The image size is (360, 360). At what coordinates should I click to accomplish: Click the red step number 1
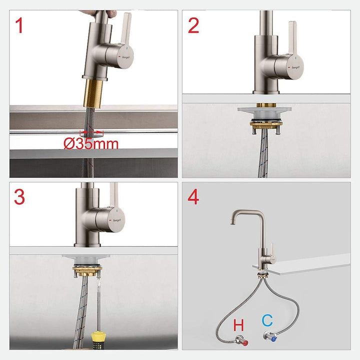coord(19,26)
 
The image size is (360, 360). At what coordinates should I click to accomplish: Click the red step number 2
coord(193,26)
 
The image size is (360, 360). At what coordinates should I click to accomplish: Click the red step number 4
coord(193,197)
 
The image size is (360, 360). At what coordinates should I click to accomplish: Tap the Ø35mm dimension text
coord(91,144)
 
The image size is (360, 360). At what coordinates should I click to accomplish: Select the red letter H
coord(239,324)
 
